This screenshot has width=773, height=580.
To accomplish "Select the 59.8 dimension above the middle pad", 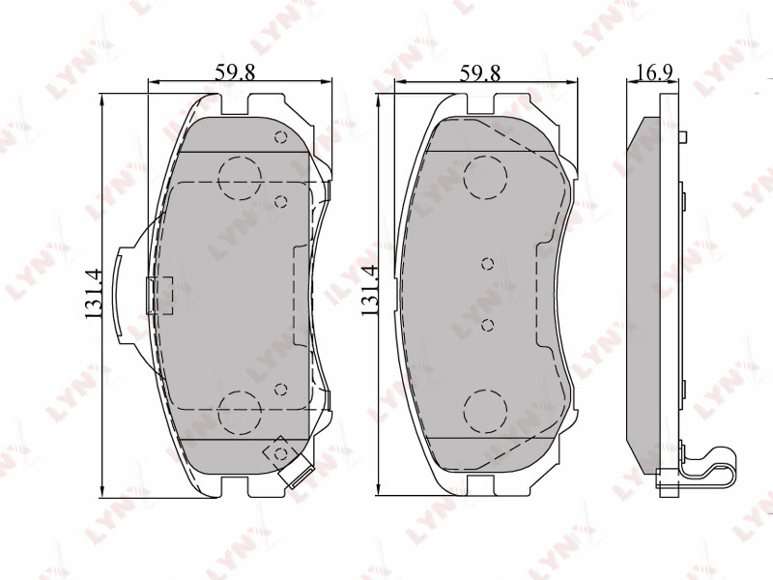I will [480, 72].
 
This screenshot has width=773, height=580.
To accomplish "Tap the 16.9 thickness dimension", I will [655, 72].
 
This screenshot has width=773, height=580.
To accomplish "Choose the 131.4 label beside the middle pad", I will [368, 291].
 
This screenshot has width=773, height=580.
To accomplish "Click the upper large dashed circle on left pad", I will [240, 176].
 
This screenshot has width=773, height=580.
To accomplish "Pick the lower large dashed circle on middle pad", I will [485, 412].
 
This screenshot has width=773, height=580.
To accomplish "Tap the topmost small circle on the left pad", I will [281, 136].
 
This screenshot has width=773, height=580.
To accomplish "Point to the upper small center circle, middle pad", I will [488, 264].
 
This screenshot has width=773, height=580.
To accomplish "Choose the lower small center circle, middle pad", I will [488, 325].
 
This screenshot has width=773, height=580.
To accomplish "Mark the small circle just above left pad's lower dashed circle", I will [281, 390].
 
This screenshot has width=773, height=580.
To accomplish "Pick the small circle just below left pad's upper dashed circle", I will [281, 201].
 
